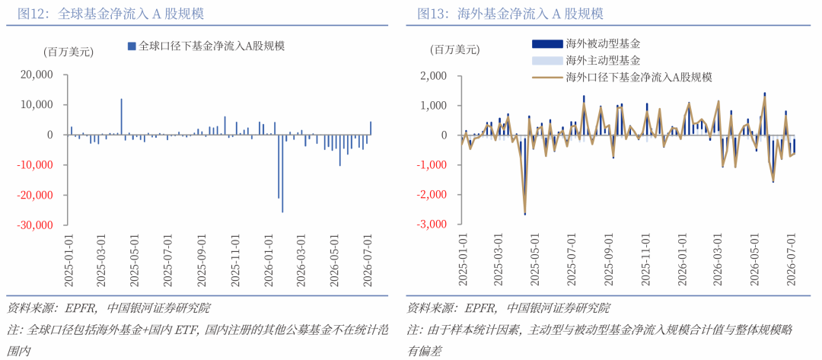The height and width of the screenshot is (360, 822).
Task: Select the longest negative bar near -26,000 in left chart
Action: pyautogui.click(x=282, y=174)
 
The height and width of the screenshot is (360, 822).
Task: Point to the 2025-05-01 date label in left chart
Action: pyautogui.click(x=135, y=260)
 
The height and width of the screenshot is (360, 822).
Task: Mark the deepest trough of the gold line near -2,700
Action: pyautogui.click(x=524, y=213)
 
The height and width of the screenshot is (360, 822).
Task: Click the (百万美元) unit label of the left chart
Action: pyautogui.click(x=68, y=52)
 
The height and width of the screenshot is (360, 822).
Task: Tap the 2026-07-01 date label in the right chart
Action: pyautogui.click(x=794, y=260)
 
